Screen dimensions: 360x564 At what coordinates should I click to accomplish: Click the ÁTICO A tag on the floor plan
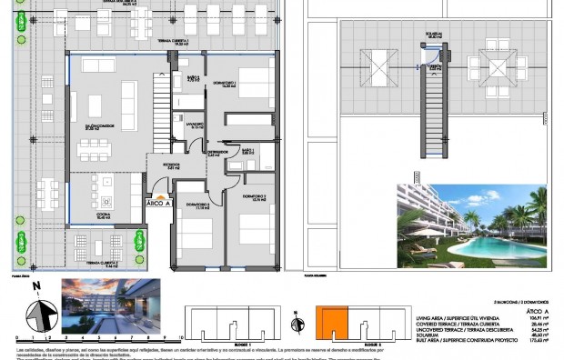158,204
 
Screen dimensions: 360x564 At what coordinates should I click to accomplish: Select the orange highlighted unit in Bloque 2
332,323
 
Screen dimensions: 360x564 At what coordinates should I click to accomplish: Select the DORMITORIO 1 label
226,84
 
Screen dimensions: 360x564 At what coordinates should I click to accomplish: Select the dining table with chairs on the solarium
498,65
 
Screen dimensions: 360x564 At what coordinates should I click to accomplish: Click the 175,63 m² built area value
537,340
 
